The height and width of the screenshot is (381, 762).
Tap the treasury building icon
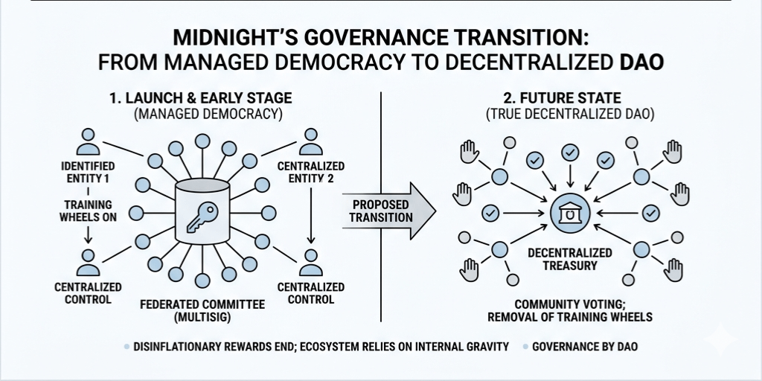(569, 214)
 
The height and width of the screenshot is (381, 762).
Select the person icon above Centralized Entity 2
(310, 141)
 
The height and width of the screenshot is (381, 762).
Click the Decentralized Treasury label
(569, 258)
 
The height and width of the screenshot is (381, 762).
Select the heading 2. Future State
(569, 98)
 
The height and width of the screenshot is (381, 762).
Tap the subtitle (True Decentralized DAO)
(569, 115)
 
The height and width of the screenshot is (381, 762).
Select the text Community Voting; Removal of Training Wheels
(569, 310)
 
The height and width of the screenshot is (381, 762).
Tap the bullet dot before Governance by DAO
(528, 347)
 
